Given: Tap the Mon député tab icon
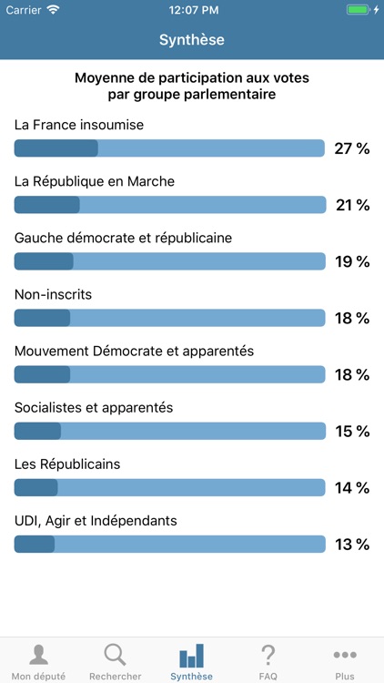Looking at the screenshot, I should [38, 655].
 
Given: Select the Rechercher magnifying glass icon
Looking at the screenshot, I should [115, 655].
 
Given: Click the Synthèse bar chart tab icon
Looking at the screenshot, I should [191, 655].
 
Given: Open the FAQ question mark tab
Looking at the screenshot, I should [268, 655].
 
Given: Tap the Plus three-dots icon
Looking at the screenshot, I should [345, 655].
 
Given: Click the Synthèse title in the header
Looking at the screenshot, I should [192, 40].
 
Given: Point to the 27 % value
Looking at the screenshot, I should [351, 148].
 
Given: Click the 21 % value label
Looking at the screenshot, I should [352, 205].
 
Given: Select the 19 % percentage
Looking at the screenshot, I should [352, 261].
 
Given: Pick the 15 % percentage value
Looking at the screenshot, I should [352, 432].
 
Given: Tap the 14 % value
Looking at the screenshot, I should [352, 488].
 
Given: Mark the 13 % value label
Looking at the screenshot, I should [352, 545].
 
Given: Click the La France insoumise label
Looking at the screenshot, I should [79, 125].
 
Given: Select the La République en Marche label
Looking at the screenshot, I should [95, 181].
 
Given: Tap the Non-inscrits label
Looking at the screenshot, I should [53, 294].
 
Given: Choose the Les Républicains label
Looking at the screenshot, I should [67, 464].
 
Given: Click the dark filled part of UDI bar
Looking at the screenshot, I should [35, 545].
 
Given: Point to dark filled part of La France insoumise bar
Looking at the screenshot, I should [56, 148].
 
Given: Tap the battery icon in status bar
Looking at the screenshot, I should [358, 10].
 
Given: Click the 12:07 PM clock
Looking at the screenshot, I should [192, 10].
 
